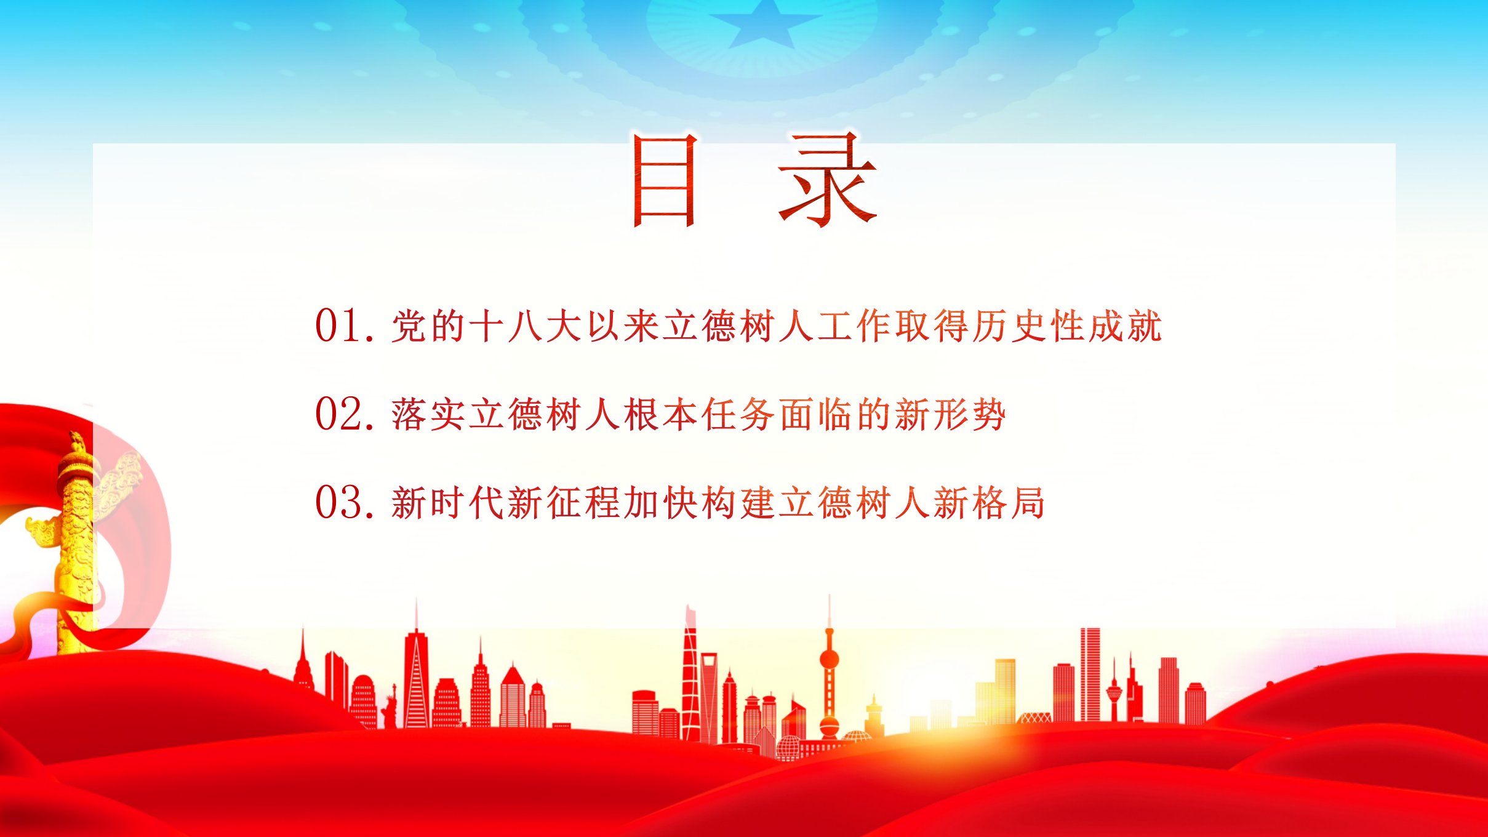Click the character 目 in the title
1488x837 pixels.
click(665, 180)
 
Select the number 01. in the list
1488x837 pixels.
click(345, 326)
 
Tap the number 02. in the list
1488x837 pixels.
click(345, 414)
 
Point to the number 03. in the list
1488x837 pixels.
click(345, 503)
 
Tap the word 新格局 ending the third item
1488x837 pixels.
click(989, 503)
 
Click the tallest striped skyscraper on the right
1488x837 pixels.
click(1090, 675)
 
